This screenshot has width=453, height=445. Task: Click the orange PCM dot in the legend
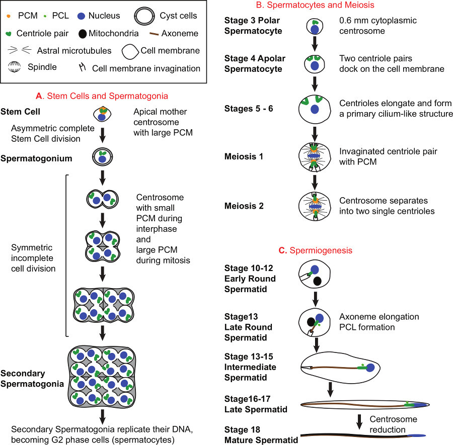pos(9,16)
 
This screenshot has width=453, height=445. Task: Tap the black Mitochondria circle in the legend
pos(83,34)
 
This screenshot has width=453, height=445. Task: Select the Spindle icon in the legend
pos(14,67)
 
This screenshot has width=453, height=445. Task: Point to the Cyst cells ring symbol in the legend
pos(144,16)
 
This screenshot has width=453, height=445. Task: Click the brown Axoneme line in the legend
pos(154,34)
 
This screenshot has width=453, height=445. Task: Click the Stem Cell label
pos(20,112)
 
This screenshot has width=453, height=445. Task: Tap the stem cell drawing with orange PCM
pos(102,114)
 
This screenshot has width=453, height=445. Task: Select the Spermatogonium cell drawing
pos(102,157)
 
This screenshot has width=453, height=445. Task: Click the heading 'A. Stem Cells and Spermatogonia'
pos(102,96)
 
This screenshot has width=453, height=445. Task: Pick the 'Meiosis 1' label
pos(244,156)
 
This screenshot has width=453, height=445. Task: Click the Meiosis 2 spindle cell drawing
pos(315,206)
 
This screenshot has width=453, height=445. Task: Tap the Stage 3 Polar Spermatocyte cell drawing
pos(315,27)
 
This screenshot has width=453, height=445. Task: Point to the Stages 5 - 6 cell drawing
pos(315,109)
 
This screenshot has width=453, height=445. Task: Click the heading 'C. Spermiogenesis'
pos(316,250)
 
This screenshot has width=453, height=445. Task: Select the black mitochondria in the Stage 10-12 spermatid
pos(317,281)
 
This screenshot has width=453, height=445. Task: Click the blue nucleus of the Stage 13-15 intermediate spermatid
pos(370,368)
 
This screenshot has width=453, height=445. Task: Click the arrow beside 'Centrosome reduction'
pos(359,422)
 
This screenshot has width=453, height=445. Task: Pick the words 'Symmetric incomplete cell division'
pos(33,258)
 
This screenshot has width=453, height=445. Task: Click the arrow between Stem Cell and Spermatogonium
pos(102,135)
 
